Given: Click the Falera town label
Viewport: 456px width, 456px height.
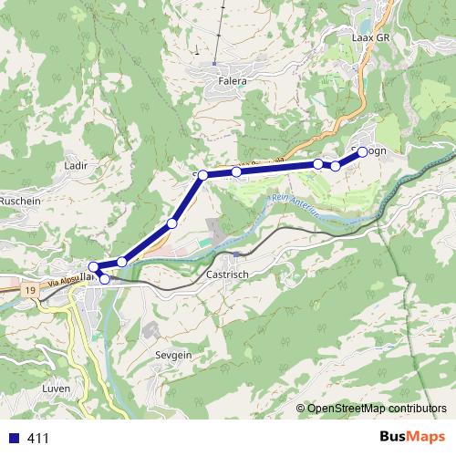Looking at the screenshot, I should click(233, 80).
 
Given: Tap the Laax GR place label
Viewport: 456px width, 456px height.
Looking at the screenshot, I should click(370, 38).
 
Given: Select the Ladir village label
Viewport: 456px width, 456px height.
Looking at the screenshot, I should click(75, 166).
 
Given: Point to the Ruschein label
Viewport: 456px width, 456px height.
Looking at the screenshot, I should click(20, 200).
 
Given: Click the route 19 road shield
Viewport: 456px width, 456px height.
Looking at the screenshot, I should click(30, 290).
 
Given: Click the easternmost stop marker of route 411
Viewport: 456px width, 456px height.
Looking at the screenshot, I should click(362, 151).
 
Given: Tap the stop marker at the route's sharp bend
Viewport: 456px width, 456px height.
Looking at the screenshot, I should click(203, 174).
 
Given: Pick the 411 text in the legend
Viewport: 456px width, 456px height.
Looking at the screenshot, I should click(38, 439).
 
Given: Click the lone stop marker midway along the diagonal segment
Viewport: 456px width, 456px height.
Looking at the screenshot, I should click(171, 223).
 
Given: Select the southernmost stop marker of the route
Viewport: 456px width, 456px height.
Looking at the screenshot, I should click(105, 279).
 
